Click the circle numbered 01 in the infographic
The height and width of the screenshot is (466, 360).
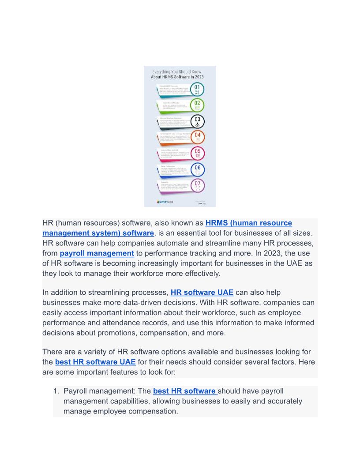tap(197, 89)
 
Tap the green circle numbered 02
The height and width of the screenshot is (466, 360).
tap(197, 105)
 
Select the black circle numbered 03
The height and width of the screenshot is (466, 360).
tap(197, 121)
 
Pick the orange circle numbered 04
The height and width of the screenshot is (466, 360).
tap(197, 137)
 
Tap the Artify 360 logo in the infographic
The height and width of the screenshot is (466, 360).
tap(165, 202)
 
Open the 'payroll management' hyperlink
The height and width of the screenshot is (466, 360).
tap(97, 253)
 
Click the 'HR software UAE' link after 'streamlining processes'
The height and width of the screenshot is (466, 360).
tap(202, 292)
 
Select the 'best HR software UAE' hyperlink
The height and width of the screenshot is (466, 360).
tap(95, 362)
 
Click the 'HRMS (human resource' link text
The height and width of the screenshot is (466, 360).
tap(248, 223)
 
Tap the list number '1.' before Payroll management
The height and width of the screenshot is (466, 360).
tap(56, 391)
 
